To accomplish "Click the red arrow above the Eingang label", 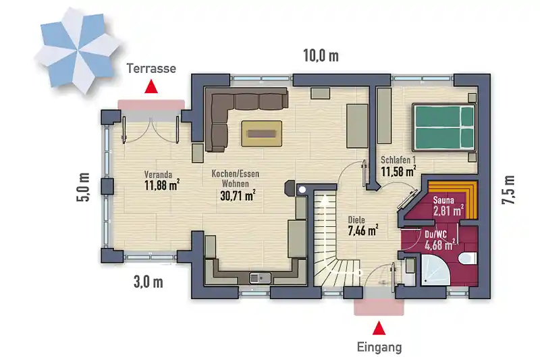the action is [379, 328].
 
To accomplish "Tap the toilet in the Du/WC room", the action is [468, 257].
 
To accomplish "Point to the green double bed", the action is [444, 128].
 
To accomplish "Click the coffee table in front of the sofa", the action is [262, 133].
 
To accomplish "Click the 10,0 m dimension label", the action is [321, 55].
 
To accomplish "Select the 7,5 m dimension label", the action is [509, 190].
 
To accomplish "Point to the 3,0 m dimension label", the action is [148, 282].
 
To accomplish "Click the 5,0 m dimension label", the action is [83, 187].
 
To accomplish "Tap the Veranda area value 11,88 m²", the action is [162, 185].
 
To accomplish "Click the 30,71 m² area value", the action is [238, 195].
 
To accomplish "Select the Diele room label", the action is [356, 220].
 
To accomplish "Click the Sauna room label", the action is [443, 200].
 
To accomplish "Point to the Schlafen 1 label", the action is [398, 160].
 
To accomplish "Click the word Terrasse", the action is [151, 68].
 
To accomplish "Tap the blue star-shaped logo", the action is [78, 50].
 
